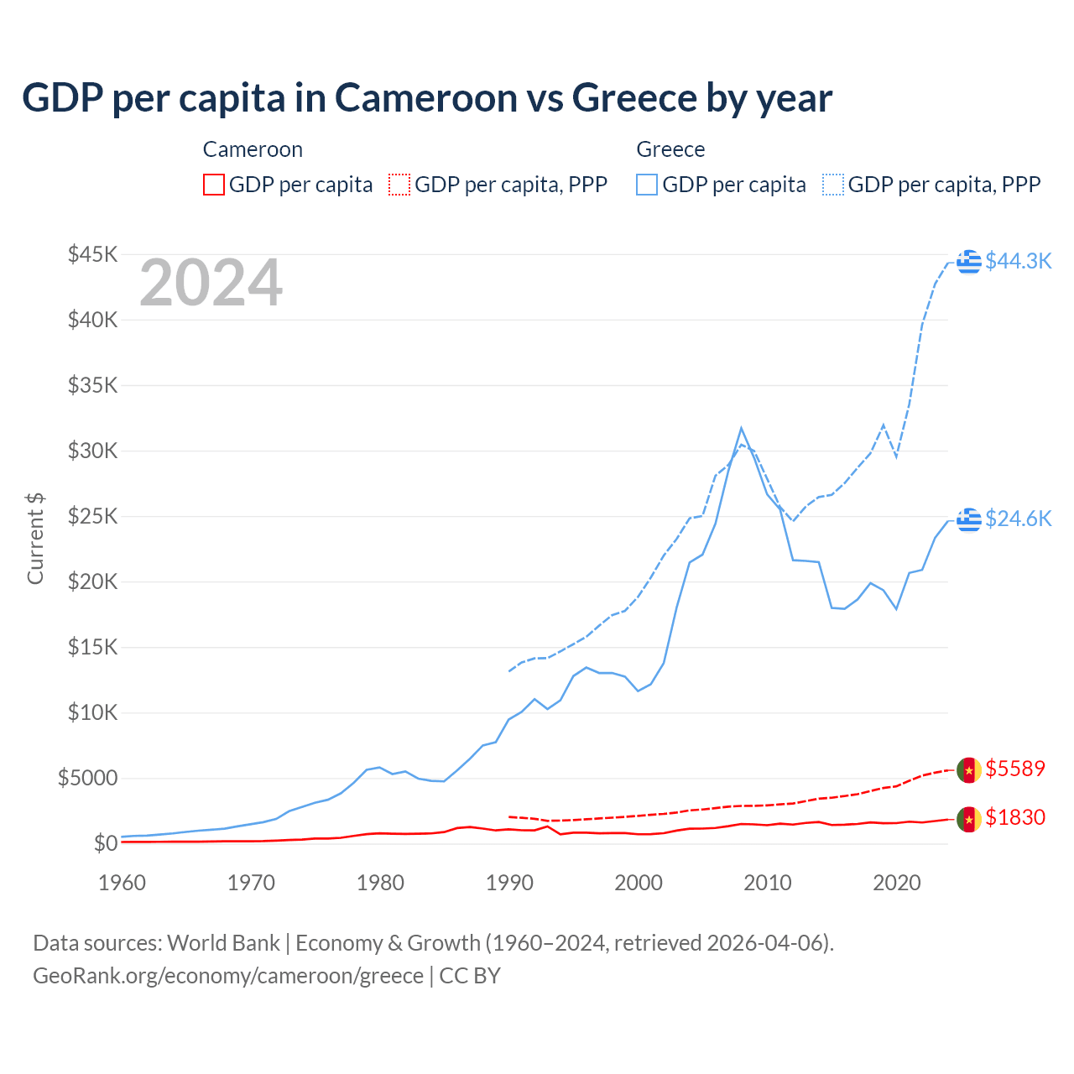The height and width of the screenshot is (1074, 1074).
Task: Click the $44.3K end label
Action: tap(1018, 261)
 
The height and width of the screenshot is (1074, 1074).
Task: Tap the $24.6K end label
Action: tap(1018, 519)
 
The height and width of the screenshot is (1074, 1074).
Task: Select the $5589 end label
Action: tap(1015, 769)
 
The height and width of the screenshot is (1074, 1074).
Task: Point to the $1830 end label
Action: tap(1015, 817)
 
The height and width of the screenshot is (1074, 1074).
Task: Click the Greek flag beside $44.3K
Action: tap(969, 262)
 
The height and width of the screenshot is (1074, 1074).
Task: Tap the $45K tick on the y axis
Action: tap(92, 254)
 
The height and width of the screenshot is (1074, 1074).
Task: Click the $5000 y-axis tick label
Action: tap(87, 778)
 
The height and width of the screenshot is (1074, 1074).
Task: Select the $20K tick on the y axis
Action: tap(92, 581)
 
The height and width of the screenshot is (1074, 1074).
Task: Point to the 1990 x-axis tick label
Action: tap(509, 883)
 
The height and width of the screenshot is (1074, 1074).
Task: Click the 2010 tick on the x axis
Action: tap(768, 883)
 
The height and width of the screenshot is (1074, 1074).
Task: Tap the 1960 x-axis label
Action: tap(123, 883)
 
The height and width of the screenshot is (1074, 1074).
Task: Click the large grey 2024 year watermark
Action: tap(211, 283)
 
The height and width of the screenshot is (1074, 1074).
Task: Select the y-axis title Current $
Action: tap(35, 538)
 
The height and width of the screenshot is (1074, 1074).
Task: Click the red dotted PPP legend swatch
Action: tap(399, 185)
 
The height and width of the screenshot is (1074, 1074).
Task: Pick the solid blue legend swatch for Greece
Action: tap(647, 185)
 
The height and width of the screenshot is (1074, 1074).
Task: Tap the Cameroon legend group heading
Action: tap(253, 149)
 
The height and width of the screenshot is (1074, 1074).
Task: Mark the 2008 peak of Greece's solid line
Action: tap(741, 428)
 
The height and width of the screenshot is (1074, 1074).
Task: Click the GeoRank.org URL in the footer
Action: tap(228, 976)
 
